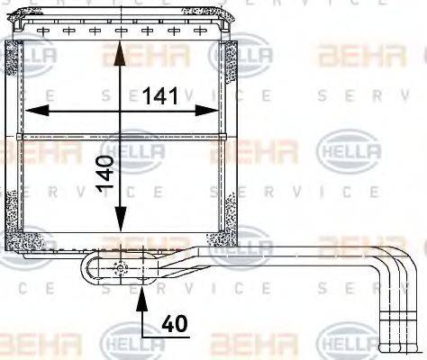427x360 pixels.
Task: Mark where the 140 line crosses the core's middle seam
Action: click(x=118, y=137)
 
